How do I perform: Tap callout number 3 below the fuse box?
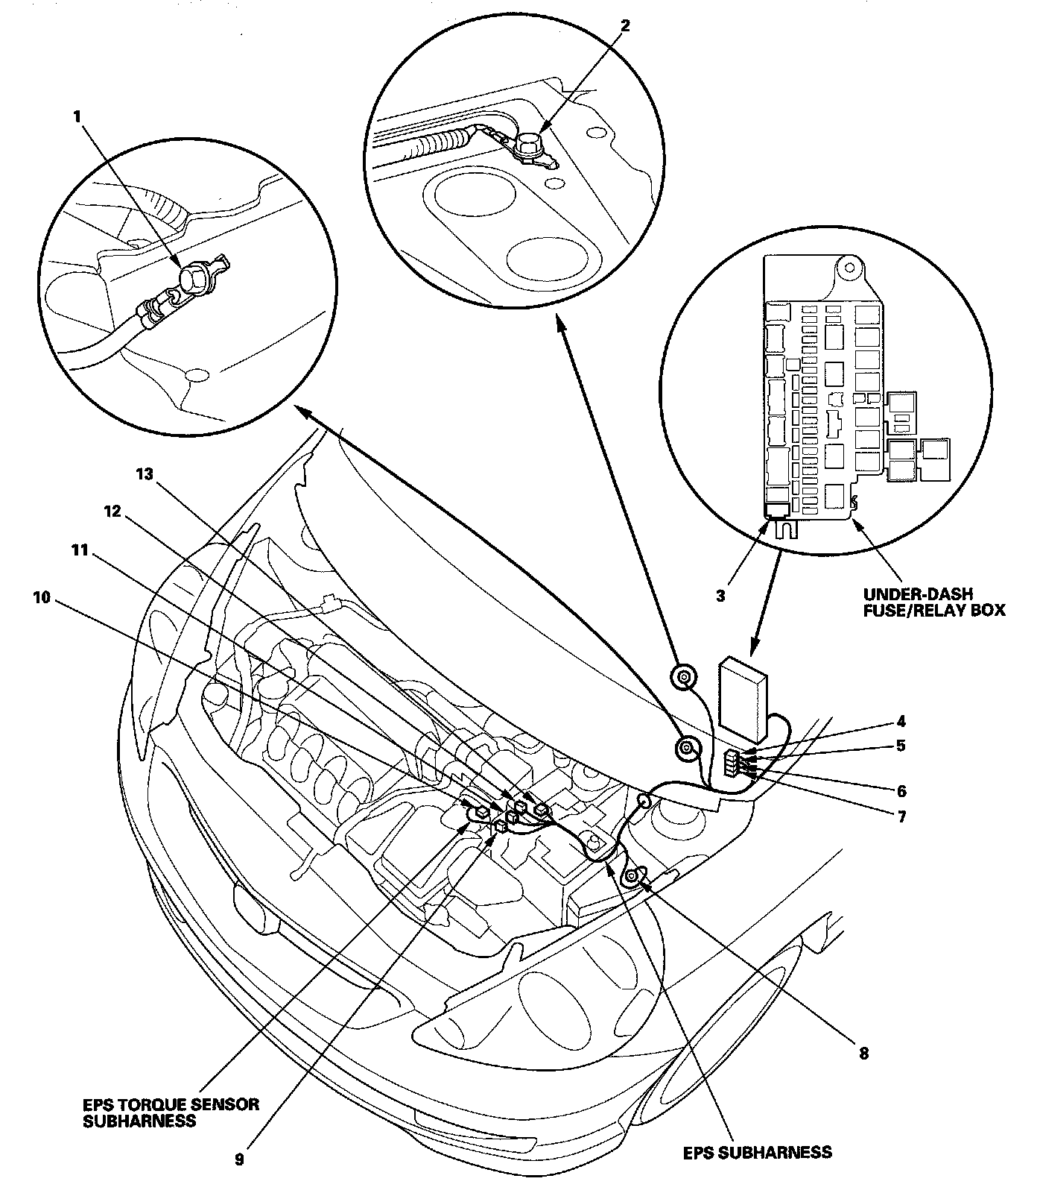pos(720,596)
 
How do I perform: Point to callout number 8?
pos(863,1054)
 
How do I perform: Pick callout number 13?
pos(145,474)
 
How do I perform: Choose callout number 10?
pos(42,597)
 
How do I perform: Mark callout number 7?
pos(901,816)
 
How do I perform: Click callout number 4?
pos(901,722)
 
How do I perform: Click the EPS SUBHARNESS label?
pos(758,1152)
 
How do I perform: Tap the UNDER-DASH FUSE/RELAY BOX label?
pos(933,602)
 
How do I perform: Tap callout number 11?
pos(79,550)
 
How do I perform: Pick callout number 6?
pos(901,790)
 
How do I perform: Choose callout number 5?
pos(901,746)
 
